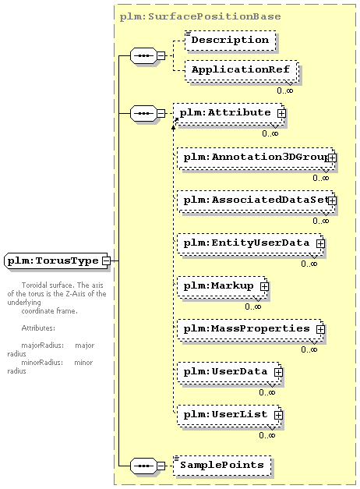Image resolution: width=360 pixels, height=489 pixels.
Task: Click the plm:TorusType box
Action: (x=58, y=260)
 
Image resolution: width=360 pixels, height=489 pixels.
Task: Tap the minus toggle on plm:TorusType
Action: (x=107, y=260)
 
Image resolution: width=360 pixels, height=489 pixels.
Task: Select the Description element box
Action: (x=231, y=41)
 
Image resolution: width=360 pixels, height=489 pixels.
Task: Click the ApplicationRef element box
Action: (x=242, y=70)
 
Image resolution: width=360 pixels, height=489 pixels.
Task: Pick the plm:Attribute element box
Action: (x=229, y=114)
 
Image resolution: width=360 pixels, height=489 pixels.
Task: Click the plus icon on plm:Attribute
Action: (x=281, y=114)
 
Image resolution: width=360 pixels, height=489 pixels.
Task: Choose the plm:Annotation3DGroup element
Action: (x=256, y=158)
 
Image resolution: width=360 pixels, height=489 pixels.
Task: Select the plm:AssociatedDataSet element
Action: (x=256, y=201)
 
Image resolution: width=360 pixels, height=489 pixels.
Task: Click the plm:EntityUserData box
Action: (x=250, y=244)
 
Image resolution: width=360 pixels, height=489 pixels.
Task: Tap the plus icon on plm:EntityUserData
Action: (x=320, y=243)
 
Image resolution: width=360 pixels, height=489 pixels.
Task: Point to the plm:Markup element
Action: (x=222, y=287)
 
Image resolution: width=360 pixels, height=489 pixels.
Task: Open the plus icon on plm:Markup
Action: (x=264, y=286)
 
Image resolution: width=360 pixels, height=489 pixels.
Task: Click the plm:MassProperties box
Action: (x=250, y=330)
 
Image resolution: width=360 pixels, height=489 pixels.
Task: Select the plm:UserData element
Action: (x=229, y=373)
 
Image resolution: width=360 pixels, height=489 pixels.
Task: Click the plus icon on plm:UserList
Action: (x=278, y=415)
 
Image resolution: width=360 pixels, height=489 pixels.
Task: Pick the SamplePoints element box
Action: (x=222, y=466)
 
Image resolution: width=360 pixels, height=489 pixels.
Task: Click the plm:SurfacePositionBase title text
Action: (x=200, y=16)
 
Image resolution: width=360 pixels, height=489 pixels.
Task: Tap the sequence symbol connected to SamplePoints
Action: (x=143, y=466)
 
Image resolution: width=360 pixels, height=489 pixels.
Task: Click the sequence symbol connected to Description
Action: (x=143, y=56)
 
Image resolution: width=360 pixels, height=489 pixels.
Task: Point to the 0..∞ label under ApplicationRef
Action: (x=285, y=90)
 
